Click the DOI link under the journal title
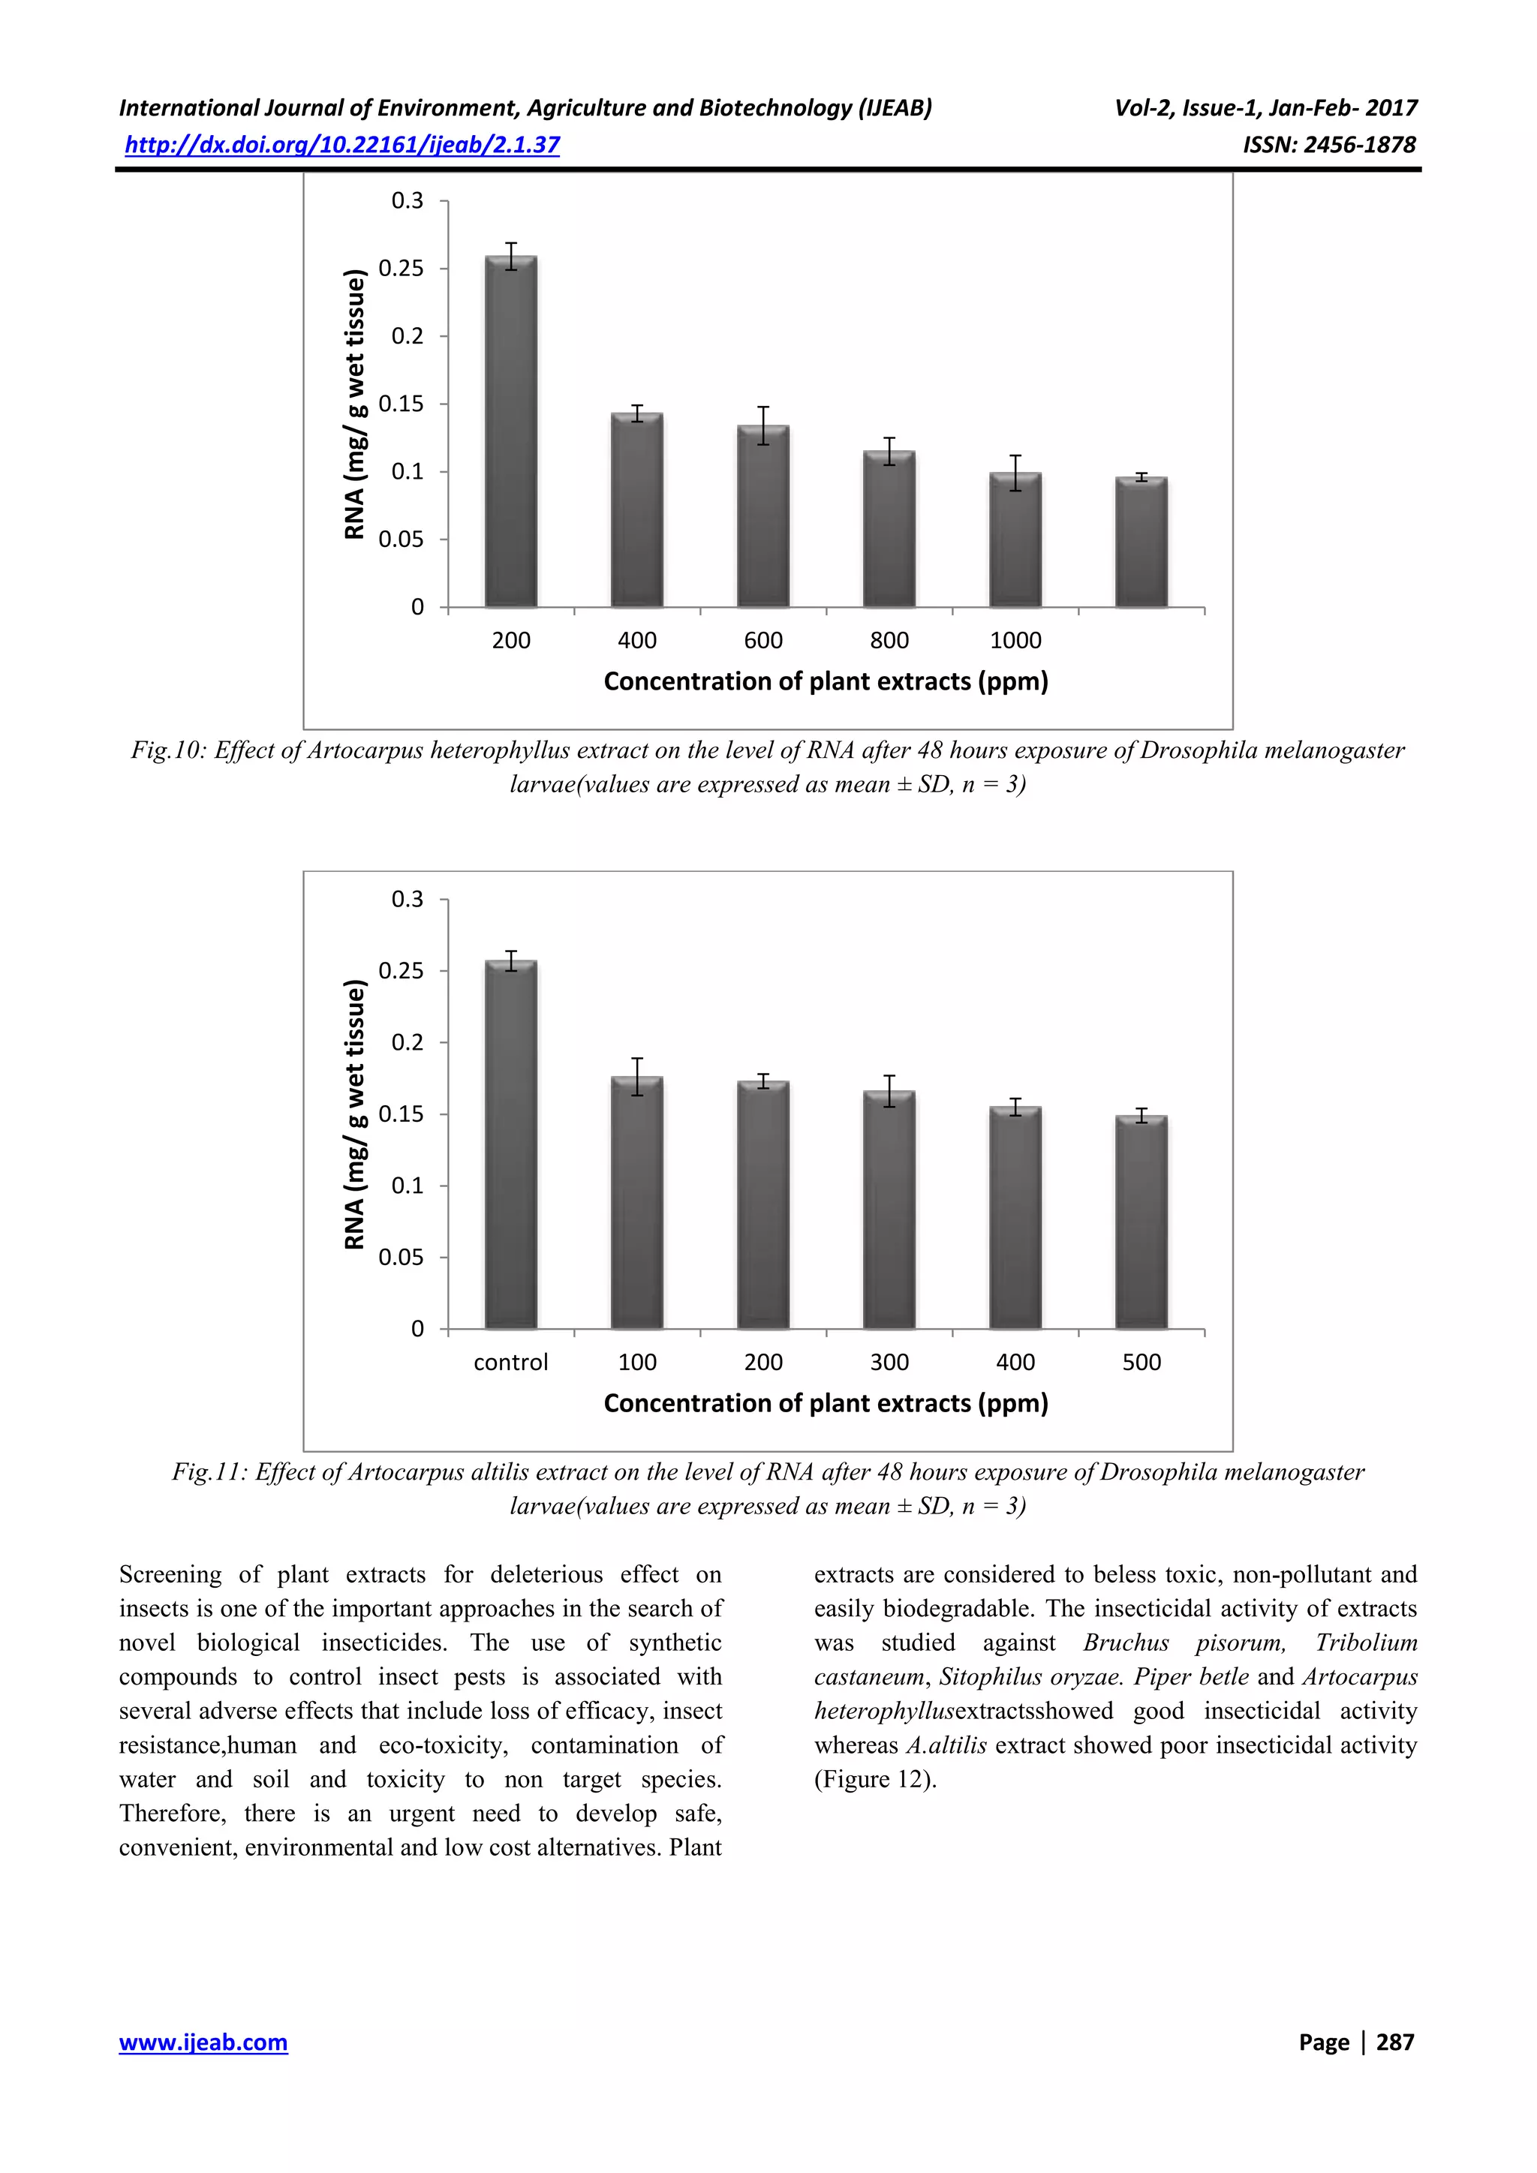tap(343, 145)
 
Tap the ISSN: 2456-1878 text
tap(1329, 145)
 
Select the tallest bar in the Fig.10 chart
tap(511, 431)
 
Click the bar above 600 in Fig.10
tap(762, 515)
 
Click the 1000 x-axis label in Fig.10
tap(1015, 641)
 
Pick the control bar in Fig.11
tap(511, 1145)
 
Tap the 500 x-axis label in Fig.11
tap(1141, 1362)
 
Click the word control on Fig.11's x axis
tap(511, 1362)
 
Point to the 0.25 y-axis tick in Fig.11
tap(402, 971)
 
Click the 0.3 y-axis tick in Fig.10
tap(408, 200)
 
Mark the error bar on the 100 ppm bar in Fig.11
tap(637, 1076)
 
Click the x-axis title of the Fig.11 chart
tap(826, 1404)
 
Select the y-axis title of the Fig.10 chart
tap(355, 405)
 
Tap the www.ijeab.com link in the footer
tap(203, 2042)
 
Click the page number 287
tap(1394, 2042)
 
